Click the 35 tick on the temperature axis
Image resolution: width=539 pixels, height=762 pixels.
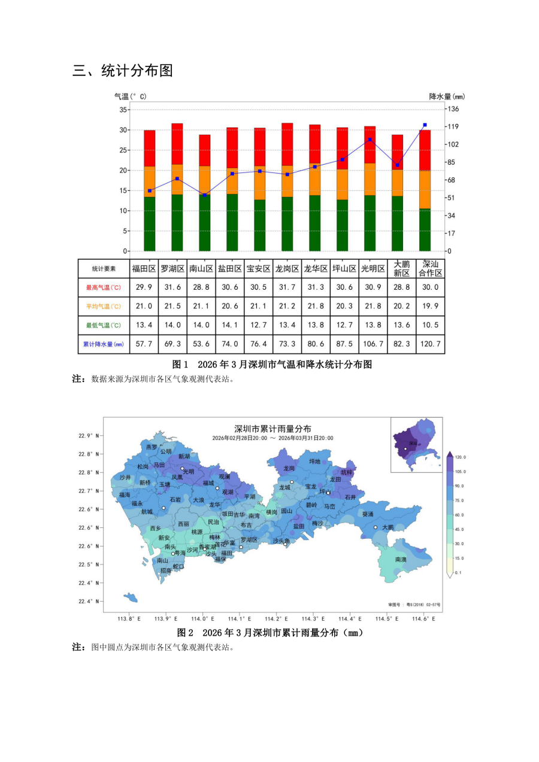[123, 110]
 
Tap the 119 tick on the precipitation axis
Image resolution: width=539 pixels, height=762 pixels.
[453, 126]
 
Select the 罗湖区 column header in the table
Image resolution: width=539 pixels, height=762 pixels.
[172, 269]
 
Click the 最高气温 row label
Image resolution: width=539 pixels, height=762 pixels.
[104, 287]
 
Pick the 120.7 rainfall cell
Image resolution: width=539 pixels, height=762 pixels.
[431, 344]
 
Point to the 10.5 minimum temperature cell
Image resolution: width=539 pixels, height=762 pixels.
[431, 325]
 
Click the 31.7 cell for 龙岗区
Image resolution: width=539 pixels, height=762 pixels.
[287, 287]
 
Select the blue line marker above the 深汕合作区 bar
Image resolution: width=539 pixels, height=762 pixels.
[425, 125]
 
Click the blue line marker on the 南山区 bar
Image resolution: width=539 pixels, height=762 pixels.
[204, 195]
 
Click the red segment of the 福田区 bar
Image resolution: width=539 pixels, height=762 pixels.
[149, 148]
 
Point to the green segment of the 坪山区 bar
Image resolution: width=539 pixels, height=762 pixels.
[342, 224]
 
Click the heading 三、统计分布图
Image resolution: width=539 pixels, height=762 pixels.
[123, 71]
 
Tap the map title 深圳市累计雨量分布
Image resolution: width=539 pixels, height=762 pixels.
[272, 429]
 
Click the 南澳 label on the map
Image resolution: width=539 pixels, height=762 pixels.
[401, 559]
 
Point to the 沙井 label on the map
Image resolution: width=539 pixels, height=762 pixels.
[125, 478]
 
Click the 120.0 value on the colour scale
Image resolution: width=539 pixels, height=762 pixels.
[461, 457]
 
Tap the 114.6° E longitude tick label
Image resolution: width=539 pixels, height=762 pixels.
[419, 618]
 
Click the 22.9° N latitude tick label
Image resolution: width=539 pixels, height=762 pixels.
[89, 435]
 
